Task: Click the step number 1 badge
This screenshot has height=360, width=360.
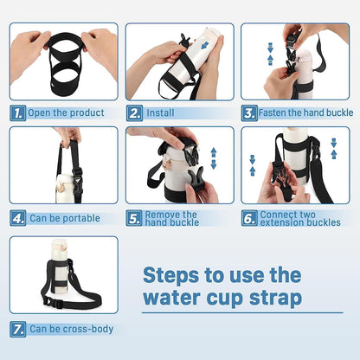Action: click(18, 112)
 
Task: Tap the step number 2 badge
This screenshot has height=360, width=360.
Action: click(134, 112)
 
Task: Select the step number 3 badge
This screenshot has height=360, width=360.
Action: click(249, 112)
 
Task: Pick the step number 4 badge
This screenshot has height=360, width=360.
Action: click(18, 218)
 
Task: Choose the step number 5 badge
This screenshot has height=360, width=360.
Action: click(134, 218)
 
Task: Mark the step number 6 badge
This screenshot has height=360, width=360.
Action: click(249, 218)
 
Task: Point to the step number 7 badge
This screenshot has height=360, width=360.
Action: click(18, 329)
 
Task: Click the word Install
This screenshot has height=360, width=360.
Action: click(160, 112)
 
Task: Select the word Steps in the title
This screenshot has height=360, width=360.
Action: click(170, 275)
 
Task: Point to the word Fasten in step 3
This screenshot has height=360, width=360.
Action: click(272, 112)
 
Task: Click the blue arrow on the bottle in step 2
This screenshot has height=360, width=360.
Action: click(204, 44)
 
